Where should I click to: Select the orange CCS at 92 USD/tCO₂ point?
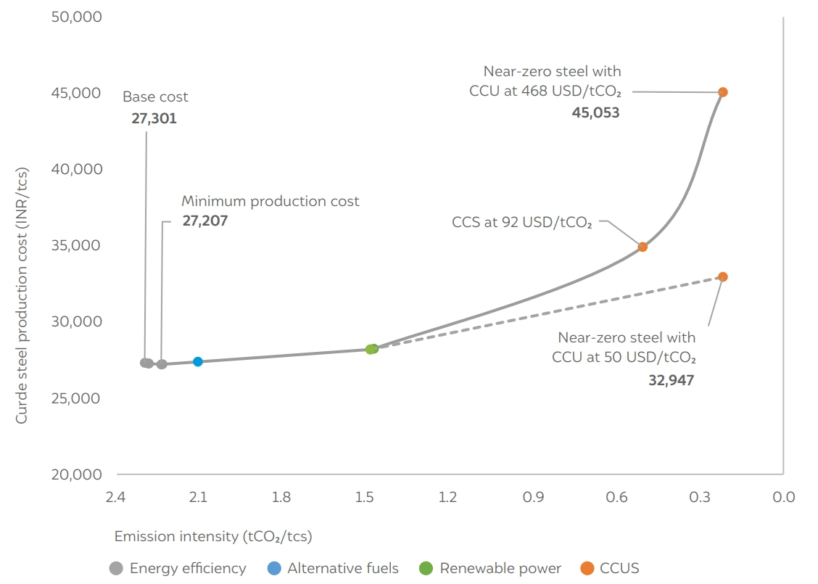coord(643,247)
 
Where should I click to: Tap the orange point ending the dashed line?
coord(722,276)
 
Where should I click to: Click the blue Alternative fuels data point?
coord(198,361)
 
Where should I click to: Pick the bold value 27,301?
coord(154,118)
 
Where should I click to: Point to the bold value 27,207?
coord(204,221)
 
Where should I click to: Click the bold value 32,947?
coord(671,379)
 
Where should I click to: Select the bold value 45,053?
coord(596,112)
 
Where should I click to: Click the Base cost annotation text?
coord(155,96)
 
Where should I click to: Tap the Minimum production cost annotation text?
coord(270,201)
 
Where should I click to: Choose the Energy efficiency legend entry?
coord(187,568)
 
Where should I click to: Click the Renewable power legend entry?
coord(500,568)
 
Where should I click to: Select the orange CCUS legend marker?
coord(588,568)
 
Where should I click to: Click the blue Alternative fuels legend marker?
coord(274,568)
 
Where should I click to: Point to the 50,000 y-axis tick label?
coord(77,16)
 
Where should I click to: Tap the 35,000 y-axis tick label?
coord(77,245)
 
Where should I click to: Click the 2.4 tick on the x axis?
coord(115,498)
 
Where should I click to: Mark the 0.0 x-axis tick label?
coord(783,498)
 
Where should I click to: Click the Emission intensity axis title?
coord(213,537)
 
